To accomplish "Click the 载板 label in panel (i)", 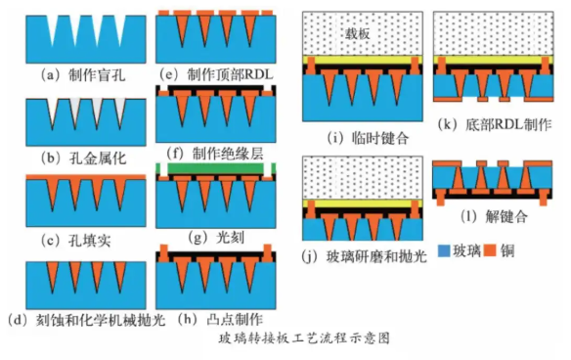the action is point(357,32).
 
